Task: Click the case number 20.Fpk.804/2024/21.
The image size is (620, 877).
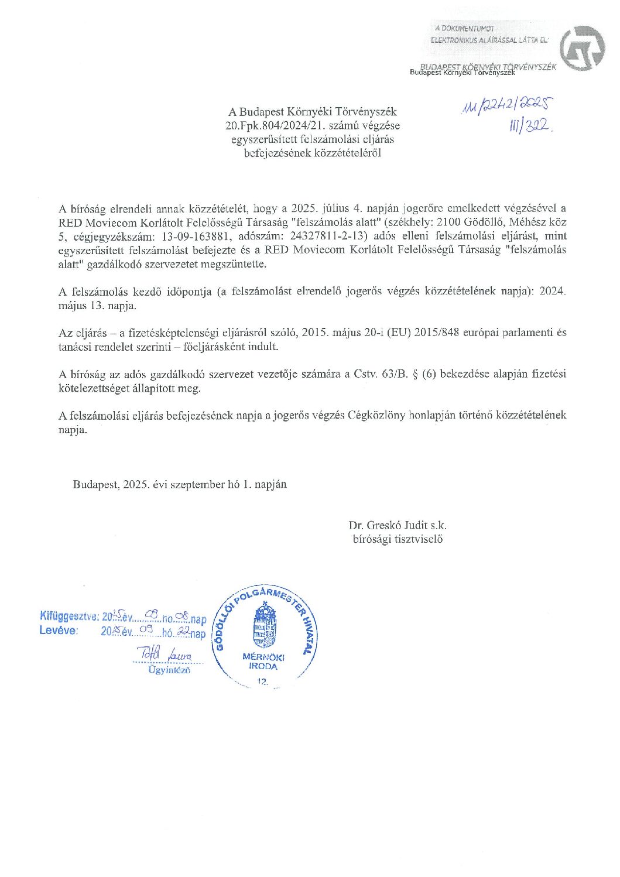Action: tap(270, 126)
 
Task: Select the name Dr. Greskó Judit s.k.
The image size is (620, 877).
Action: tap(398, 525)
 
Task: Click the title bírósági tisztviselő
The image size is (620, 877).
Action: tap(398, 539)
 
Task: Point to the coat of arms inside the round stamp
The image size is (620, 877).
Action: tap(265, 626)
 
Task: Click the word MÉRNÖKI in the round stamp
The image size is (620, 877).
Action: tap(263, 657)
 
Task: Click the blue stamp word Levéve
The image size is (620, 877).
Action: tap(59, 631)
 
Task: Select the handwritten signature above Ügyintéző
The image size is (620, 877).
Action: tap(165, 653)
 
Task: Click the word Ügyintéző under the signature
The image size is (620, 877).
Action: tap(169, 670)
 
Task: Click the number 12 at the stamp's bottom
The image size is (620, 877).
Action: tap(262, 681)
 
